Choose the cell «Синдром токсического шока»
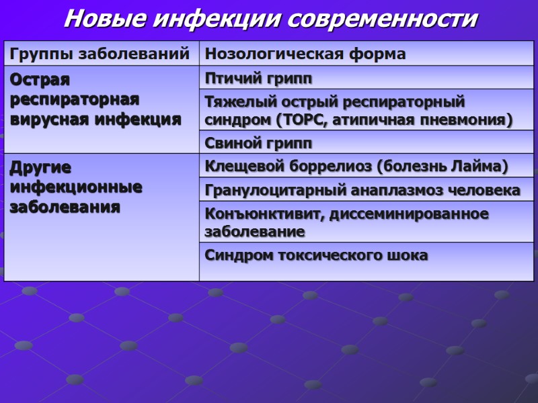pyautogui.click(x=315, y=256)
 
